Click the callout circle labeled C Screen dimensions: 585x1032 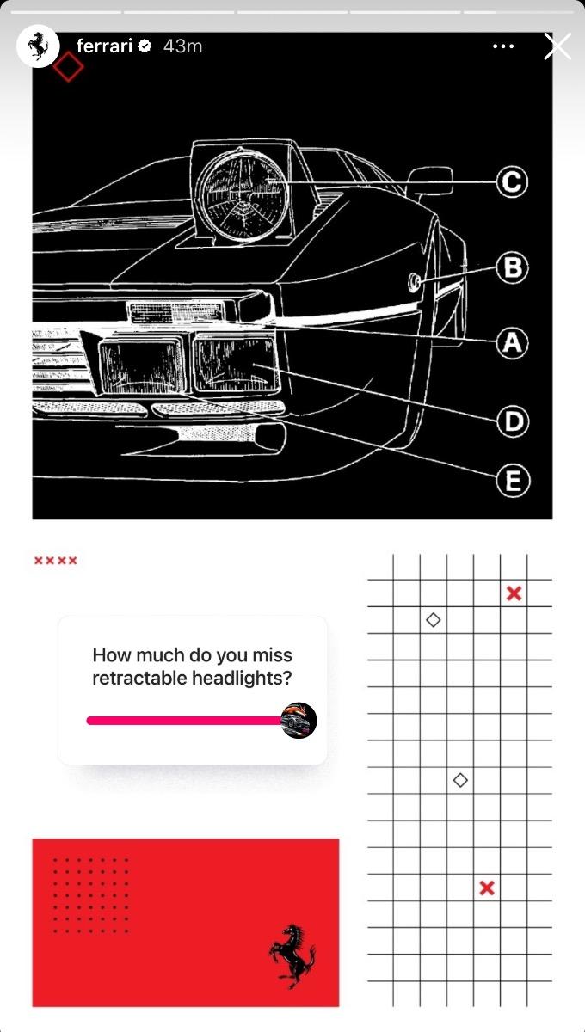pyautogui.click(x=512, y=182)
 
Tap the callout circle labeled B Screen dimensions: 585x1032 pyautogui.click(x=512, y=267)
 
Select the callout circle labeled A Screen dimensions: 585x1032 pyautogui.click(x=512, y=343)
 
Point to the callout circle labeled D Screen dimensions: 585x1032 pyautogui.click(x=512, y=421)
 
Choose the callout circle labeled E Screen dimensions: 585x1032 pyautogui.click(x=512, y=481)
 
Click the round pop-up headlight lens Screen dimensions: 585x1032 pyautogui.click(x=244, y=195)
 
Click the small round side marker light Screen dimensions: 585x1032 pyautogui.click(x=414, y=282)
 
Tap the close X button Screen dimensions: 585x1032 pyautogui.click(x=557, y=46)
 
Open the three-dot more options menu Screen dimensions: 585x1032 pyautogui.click(x=503, y=46)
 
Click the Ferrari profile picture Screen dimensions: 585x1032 pyautogui.click(x=38, y=46)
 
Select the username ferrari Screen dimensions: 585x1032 pyautogui.click(x=105, y=46)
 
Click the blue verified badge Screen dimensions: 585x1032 pyautogui.click(x=145, y=46)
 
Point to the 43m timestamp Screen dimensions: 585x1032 pyautogui.click(x=182, y=46)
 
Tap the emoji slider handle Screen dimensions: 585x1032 pyautogui.click(x=299, y=720)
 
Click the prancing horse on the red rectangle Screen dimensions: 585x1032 pyautogui.click(x=292, y=956)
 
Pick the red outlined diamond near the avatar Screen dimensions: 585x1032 pyautogui.click(x=68, y=66)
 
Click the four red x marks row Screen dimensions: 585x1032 pyautogui.click(x=56, y=561)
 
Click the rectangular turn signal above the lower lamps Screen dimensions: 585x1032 pyautogui.click(x=175, y=312)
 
